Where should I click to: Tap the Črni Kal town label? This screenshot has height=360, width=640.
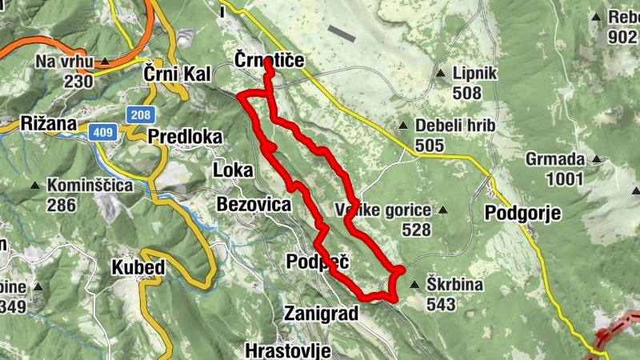click(177, 74)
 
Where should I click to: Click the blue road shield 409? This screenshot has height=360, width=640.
click(103, 133)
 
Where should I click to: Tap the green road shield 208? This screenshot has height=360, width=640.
click(138, 115)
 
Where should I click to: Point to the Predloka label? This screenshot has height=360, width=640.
click(184, 136)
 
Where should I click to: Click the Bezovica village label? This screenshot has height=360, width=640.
click(254, 204)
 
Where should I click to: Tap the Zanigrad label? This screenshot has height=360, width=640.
click(321, 314)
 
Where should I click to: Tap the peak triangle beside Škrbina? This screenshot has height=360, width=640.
click(414, 284)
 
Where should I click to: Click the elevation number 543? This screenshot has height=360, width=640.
click(441, 304)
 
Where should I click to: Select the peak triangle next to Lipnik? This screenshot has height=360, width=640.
click(440, 74)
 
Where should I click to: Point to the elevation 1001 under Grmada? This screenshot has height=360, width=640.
click(564, 178)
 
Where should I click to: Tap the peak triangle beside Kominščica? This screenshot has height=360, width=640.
click(35, 186)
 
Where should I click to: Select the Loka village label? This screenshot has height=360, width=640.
click(233, 170)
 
